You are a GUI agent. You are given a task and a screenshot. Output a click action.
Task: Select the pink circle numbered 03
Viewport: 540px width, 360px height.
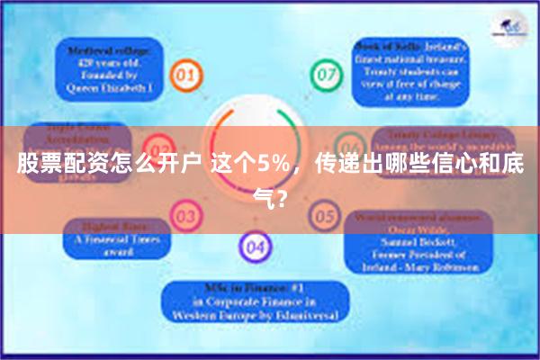click(x=186, y=217)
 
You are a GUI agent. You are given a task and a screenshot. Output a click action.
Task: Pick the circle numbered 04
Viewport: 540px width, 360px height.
click(x=255, y=247)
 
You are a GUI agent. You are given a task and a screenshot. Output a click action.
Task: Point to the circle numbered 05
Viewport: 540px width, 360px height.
click(x=322, y=216)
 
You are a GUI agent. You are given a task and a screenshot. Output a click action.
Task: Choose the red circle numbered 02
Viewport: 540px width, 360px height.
click(x=159, y=147)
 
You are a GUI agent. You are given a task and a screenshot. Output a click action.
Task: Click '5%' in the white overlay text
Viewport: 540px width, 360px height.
click(x=269, y=166)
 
